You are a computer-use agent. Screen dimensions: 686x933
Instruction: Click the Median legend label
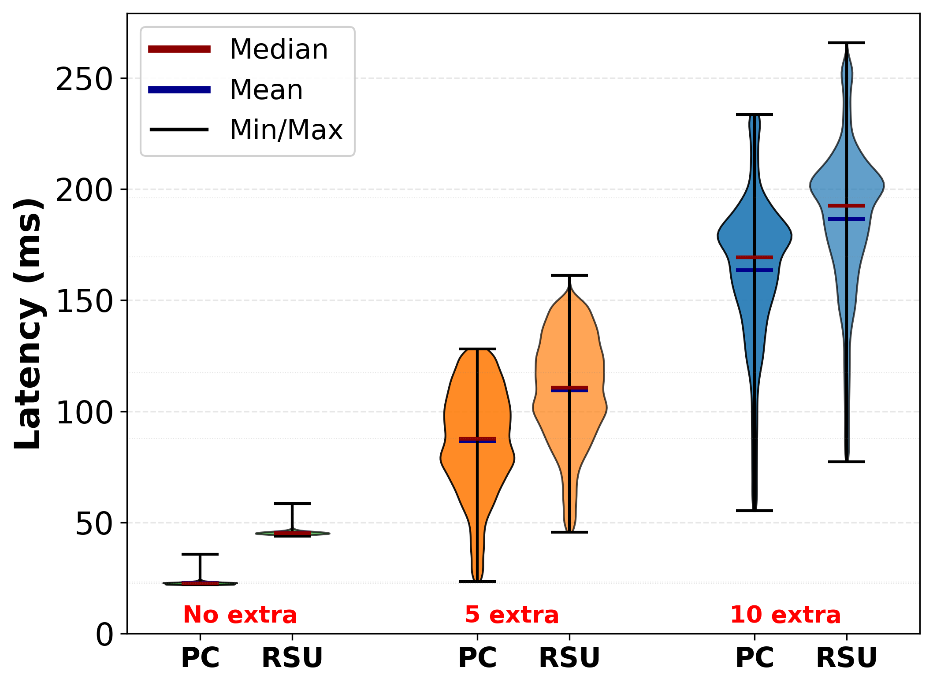click(279, 49)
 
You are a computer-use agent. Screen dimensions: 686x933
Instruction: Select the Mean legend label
click(266, 90)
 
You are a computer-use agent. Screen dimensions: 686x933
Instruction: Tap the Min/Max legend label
click(286, 130)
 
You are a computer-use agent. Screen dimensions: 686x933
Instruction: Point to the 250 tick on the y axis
click(84, 80)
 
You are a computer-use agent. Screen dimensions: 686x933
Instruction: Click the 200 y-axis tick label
click(84, 191)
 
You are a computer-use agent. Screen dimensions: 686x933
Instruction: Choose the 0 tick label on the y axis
click(104, 636)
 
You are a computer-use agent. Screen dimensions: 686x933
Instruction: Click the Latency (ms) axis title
click(28, 324)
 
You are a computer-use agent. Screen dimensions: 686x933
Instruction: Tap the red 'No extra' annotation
click(240, 615)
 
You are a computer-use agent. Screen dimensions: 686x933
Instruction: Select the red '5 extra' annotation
click(512, 615)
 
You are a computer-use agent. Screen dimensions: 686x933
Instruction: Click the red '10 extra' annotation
click(785, 615)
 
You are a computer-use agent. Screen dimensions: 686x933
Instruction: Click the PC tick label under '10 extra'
click(755, 658)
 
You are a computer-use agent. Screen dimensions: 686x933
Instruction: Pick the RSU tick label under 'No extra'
click(292, 658)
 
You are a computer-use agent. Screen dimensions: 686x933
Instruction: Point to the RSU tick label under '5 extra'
click(569, 658)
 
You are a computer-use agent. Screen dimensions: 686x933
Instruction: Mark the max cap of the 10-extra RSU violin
click(846, 43)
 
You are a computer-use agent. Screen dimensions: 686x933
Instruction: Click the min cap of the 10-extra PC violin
click(755, 511)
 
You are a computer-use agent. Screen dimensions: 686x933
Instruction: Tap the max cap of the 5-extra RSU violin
click(569, 275)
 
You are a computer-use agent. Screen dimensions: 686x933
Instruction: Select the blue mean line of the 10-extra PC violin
click(755, 270)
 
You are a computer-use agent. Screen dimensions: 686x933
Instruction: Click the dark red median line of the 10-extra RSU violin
click(846, 206)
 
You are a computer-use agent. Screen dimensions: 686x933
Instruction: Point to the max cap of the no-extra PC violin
click(200, 554)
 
